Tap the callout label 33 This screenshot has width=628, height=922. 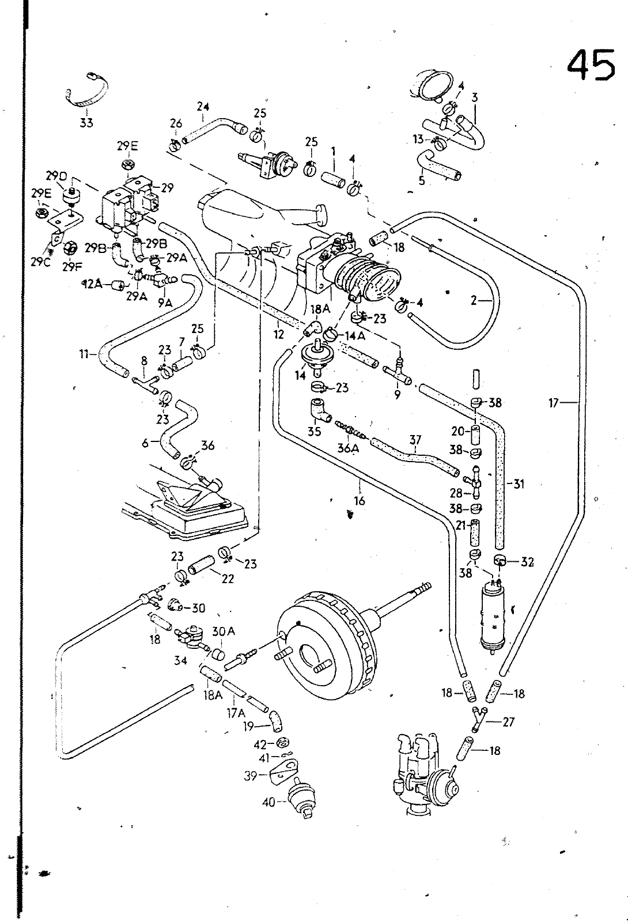[86, 122]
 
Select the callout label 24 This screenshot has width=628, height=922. [202, 107]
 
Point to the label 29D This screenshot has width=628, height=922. [57, 175]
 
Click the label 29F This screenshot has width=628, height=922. [72, 267]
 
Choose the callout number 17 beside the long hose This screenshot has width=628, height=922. [554, 403]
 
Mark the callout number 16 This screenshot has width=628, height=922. [360, 501]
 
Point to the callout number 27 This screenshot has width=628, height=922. [508, 721]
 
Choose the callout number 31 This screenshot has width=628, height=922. [519, 484]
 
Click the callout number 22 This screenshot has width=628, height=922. [228, 579]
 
